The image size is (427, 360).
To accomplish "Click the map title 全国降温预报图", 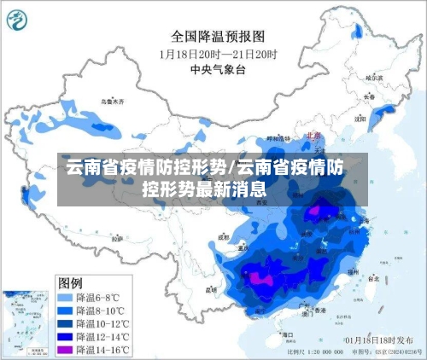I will point(218,36).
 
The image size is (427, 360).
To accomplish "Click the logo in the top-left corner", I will point(20,18).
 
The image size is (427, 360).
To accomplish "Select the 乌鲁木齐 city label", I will point(112,101).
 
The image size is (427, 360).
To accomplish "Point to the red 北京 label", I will point(313,134).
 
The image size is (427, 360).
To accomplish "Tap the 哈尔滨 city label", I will point(374,78).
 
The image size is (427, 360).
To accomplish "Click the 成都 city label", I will point(225,237).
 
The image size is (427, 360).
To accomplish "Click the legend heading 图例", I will point(70,282).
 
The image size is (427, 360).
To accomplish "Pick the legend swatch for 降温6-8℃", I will point(65,298).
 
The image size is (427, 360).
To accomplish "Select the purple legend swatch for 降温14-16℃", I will point(65,349).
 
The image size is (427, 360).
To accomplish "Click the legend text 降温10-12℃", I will point(102,323).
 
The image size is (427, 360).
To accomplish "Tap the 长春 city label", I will point(369,97).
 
